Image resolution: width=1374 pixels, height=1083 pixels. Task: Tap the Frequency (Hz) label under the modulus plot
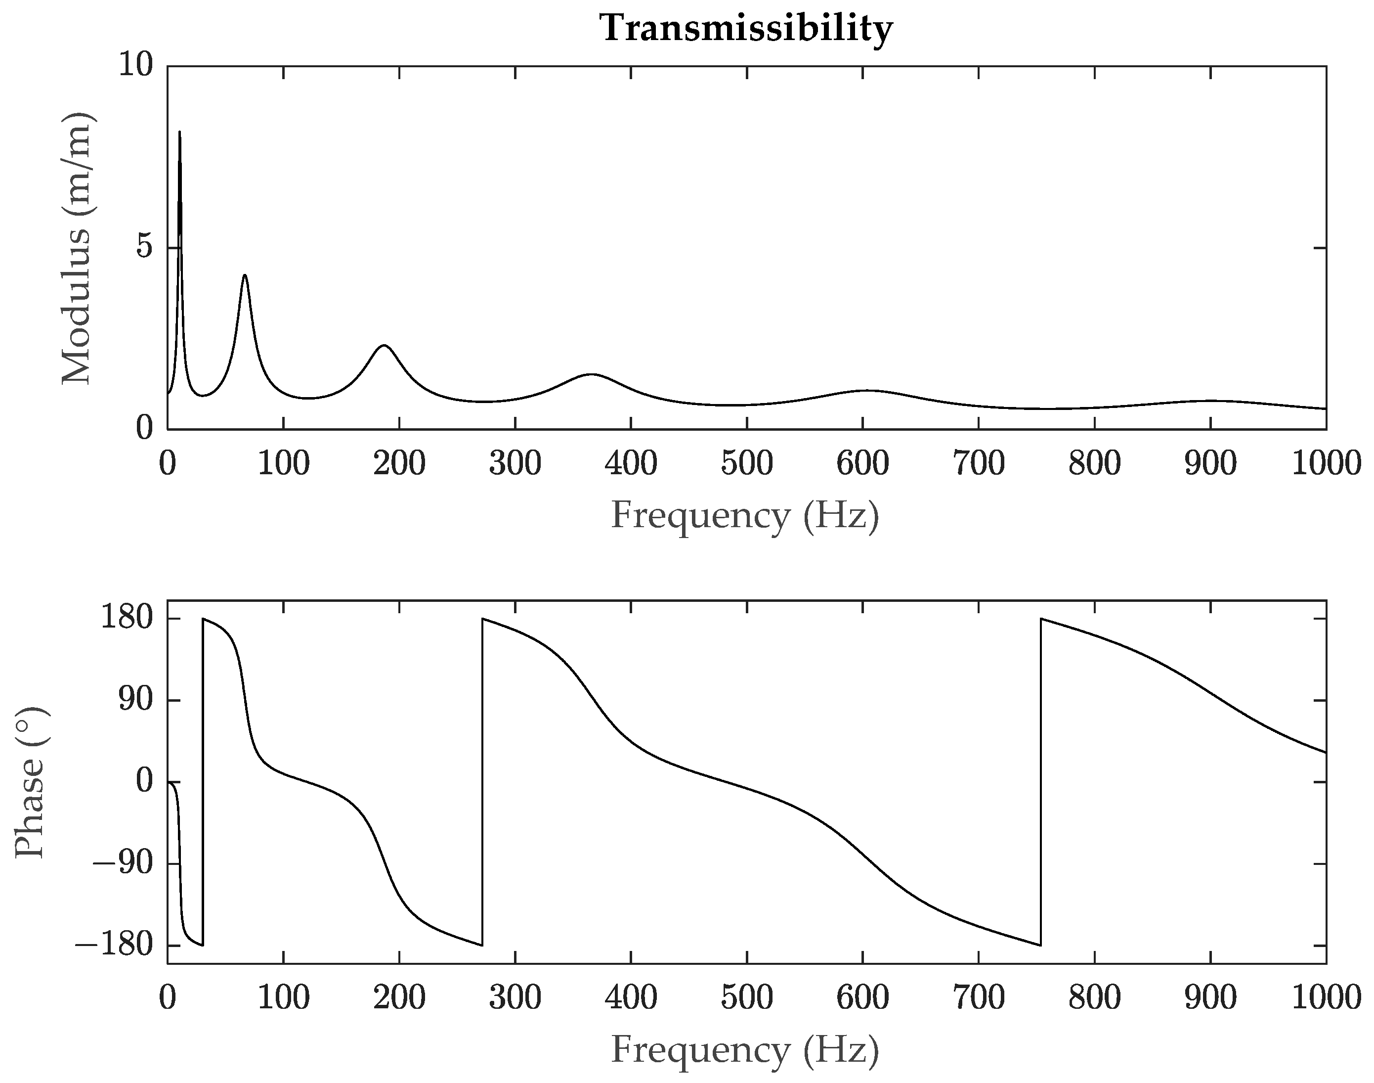[745, 515]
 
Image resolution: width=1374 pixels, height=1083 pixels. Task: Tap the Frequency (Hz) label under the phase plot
[745, 1049]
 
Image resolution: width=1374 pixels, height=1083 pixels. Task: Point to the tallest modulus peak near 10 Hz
[179, 133]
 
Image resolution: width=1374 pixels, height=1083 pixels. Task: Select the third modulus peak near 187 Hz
[384, 346]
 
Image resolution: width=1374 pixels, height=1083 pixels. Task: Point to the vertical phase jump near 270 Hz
[482, 782]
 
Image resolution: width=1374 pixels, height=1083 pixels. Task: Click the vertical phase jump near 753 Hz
[1041, 782]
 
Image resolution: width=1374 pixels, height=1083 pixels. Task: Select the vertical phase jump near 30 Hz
[203, 782]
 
